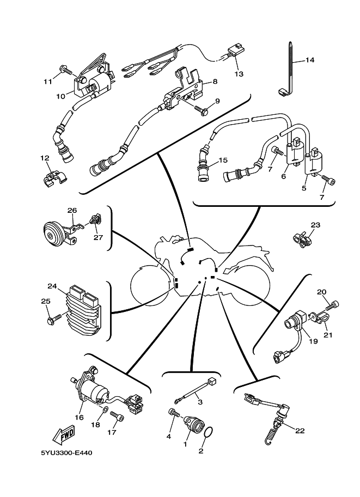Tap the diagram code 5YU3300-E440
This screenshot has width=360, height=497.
(x=66, y=453)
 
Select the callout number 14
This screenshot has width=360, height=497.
(x=309, y=59)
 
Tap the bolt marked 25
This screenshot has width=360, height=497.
(x=55, y=319)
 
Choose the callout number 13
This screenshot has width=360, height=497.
(x=239, y=74)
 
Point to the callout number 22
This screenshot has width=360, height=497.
(x=300, y=431)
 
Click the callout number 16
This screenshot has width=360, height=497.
(x=80, y=417)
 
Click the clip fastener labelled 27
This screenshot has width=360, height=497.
(x=95, y=219)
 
